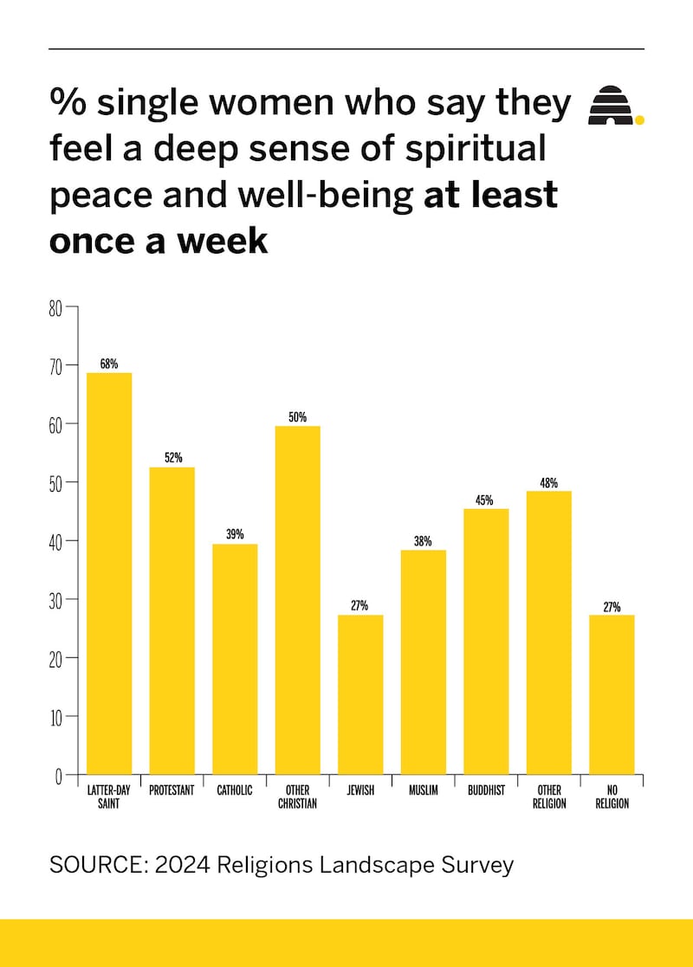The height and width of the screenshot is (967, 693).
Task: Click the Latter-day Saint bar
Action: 109,574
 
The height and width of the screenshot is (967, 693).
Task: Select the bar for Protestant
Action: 172,621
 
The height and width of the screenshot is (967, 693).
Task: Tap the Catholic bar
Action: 235,660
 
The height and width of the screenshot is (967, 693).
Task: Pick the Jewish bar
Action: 360,694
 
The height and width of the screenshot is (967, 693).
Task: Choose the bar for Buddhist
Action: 486,641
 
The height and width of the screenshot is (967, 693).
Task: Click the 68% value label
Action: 109,364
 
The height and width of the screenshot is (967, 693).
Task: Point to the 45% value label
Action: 484,500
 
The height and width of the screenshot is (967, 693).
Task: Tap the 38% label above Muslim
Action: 423,541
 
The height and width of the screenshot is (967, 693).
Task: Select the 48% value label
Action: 549,483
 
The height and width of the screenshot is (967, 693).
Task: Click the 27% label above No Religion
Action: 612,607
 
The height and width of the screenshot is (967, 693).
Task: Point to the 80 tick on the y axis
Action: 55,308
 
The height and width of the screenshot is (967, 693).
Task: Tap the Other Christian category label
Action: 297,796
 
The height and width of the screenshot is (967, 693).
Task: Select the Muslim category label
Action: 424,790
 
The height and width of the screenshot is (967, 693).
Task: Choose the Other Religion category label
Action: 549,796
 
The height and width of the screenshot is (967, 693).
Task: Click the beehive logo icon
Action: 611,105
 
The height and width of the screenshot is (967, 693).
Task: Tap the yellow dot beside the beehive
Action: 640,120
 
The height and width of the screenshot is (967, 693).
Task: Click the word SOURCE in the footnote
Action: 96,865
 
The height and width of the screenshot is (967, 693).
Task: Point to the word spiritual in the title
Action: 476,150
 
